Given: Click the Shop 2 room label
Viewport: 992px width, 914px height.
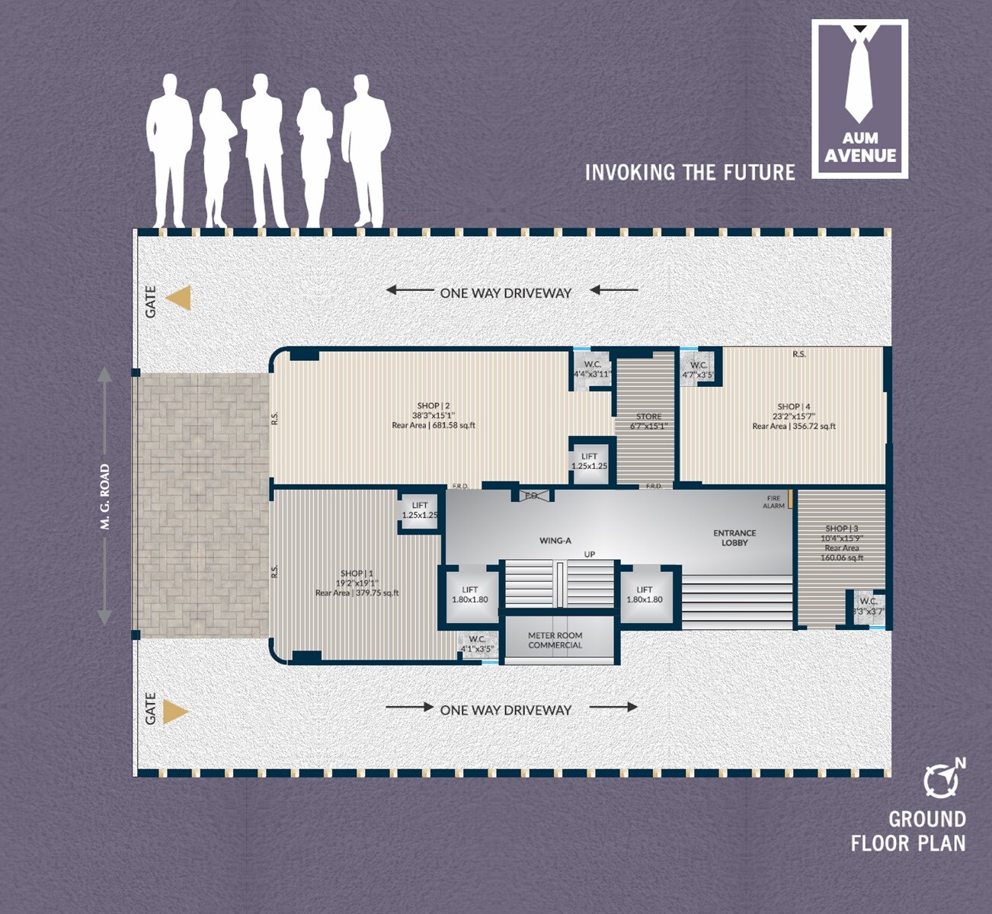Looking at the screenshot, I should point(434,415).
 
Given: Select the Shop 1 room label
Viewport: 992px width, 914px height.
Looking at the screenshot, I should point(357,583).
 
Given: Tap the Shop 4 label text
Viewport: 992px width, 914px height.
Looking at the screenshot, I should point(794,416).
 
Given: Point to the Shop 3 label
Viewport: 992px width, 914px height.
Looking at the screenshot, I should point(842,542).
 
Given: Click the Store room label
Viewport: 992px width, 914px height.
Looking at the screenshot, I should point(649,421).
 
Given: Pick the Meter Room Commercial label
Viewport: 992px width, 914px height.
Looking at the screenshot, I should point(555,640).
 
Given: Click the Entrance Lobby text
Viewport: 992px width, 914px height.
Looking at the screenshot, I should point(734,538).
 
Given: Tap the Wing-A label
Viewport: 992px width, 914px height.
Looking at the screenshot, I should point(555,541).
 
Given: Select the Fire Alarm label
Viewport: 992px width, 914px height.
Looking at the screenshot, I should point(773,502).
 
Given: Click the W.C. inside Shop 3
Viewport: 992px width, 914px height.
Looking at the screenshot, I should point(869,606).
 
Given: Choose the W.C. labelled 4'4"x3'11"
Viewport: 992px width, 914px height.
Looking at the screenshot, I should point(592,369).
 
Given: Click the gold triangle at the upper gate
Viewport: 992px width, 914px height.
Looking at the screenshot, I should point(179,298).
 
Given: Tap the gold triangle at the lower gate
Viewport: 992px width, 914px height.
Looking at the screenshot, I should point(176,712).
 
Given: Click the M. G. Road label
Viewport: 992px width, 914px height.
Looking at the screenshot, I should point(105,497).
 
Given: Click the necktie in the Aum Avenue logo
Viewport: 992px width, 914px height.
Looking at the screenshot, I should point(859,76).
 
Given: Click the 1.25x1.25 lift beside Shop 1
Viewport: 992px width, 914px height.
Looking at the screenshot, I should point(420,510).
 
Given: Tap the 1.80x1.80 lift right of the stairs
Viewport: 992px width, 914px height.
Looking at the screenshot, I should point(645,594).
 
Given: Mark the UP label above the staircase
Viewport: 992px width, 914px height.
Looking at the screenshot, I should point(589,554).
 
